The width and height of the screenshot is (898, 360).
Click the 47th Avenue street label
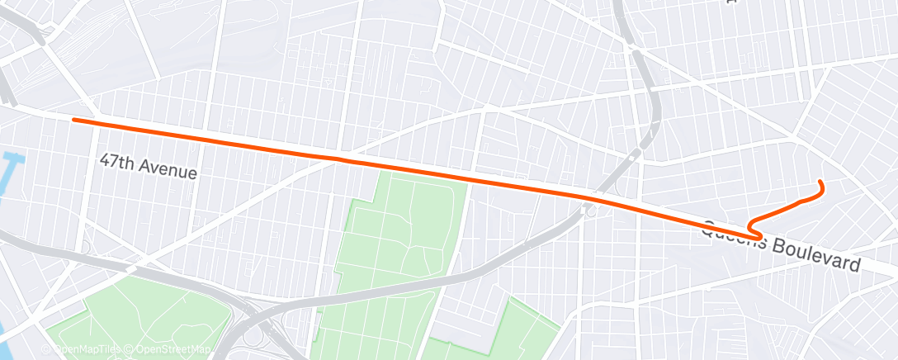tap(149, 167)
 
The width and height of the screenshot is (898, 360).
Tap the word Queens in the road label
tap(732, 235)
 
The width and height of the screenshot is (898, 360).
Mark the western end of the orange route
tap(74, 120)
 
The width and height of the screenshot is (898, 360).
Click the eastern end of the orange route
tap(819, 182)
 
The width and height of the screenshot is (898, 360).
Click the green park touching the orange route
tap(404, 223)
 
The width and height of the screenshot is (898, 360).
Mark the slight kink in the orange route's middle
tap(337, 157)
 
